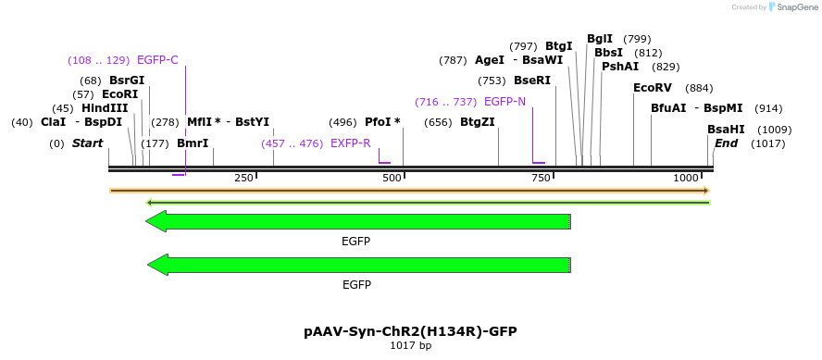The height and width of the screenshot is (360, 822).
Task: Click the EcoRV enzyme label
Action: (x=652, y=88)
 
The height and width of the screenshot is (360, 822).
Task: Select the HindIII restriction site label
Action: (x=105, y=108)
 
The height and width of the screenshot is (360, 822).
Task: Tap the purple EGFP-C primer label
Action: (x=157, y=60)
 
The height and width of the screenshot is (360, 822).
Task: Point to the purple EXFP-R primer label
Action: (x=351, y=143)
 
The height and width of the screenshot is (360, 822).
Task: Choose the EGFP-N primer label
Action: (x=504, y=102)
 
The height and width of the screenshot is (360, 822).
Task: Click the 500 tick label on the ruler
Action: (x=392, y=178)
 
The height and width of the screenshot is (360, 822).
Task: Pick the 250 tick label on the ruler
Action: (x=243, y=178)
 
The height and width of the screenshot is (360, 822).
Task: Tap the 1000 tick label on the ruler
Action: (x=686, y=178)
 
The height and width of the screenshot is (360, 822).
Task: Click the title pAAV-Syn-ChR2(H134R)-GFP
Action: (x=410, y=331)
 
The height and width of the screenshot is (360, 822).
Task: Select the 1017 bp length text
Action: (x=410, y=346)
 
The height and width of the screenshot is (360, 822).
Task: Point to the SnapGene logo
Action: (x=787, y=7)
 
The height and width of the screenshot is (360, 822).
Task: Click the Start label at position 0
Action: (x=87, y=143)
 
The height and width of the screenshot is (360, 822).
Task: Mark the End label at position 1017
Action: (x=726, y=143)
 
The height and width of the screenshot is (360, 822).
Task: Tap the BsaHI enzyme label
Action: (x=725, y=130)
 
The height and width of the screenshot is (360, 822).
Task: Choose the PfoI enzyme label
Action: (x=382, y=122)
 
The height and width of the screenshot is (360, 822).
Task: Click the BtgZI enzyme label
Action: (x=477, y=122)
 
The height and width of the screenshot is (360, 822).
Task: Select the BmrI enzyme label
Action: (x=193, y=143)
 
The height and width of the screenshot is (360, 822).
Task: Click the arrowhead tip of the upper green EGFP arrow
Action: (x=147, y=221)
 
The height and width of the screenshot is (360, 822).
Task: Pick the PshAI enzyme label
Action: (x=619, y=67)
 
